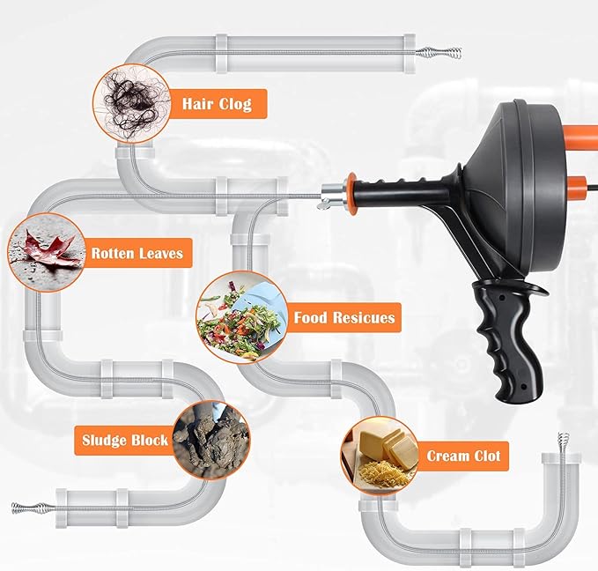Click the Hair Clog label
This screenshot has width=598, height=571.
tap(216, 104)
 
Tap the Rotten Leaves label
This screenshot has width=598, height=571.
tap(137, 254)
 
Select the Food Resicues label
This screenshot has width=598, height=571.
tap(343, 317)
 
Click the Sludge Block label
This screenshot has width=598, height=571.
tap(124, 439)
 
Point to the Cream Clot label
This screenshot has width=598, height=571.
tap(463, 456)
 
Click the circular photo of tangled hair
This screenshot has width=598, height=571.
tap(131, 103)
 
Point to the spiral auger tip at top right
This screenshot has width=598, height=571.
tap(435, 53)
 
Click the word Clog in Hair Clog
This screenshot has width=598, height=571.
tap(234, 104)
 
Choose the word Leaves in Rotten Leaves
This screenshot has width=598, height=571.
tap(160, 254)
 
